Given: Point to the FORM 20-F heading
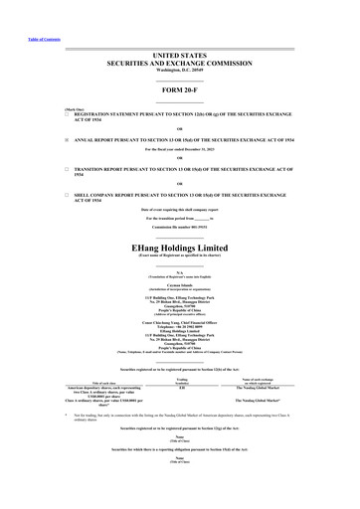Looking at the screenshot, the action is click(x=179, y=90).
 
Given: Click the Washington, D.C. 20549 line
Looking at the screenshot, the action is click(x=179, y=71).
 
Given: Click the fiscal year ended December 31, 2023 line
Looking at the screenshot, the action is click(x=179, y=150).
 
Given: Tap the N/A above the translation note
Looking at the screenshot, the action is click(x=179, y=270).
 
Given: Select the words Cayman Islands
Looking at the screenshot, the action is click(x=179, y=283).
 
